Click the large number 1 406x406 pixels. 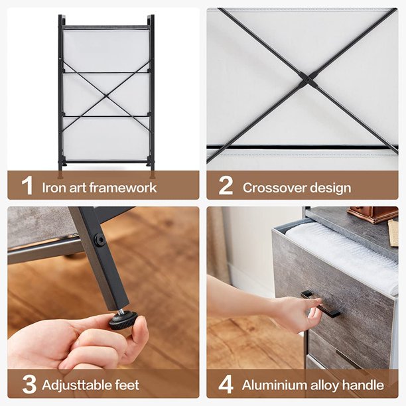tap(27, 185)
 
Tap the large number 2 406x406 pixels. tap(226, 185)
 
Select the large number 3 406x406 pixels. tap(29, 384)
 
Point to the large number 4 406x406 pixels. tap(226, 384)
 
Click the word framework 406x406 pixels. tap(123, 187)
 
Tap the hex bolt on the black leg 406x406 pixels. tap(100, 240)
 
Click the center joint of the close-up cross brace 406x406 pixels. tap(308, 79)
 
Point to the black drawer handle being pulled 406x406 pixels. tap(320, 304)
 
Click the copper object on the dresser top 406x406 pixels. tap(373, 214)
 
